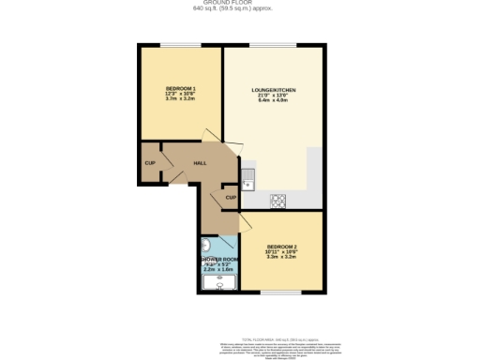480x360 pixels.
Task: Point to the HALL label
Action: point(200,162)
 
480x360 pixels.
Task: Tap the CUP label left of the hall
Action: point(149,163)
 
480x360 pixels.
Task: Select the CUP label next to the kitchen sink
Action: point(231,198)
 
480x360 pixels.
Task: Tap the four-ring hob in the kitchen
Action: point(278,199)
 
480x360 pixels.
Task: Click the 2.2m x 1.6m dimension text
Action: point(217,270)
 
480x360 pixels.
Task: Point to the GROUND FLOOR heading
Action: point(239,3)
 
